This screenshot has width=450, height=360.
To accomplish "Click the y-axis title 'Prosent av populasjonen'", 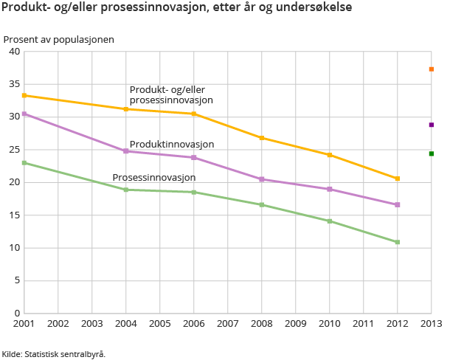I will click(59, 39).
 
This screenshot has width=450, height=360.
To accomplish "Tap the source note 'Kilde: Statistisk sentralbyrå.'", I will click(54, 354).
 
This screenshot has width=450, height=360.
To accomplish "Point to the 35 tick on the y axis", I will click(14, 84).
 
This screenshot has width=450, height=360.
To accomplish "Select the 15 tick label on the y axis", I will click(14, 215).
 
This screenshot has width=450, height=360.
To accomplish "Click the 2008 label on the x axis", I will click(262, 323).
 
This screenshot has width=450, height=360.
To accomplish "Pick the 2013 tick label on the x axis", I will click(432, 323).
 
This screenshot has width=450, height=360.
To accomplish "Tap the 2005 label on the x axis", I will click(160, 323).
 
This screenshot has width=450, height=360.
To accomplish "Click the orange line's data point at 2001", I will click(24, 95).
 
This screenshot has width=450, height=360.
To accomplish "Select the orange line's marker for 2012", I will click(398, 179).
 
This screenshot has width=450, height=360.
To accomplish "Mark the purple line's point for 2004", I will click(126, 151).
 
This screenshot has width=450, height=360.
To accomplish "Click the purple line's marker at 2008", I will click(262, 179).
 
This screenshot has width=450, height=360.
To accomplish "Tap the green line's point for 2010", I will click(330, 221).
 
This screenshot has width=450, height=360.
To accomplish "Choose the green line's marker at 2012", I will click(398, 242).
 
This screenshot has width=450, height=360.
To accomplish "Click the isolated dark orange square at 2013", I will click(432, 69).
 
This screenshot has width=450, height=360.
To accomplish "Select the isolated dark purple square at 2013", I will click(432, 125).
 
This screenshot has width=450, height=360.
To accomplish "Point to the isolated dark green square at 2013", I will click(432, 153).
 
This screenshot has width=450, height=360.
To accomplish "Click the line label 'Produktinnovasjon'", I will click(172, 145).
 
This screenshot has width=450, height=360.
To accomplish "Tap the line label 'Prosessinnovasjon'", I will click(154, 178).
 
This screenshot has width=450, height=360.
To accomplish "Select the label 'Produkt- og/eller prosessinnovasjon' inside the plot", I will click(171, 94).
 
